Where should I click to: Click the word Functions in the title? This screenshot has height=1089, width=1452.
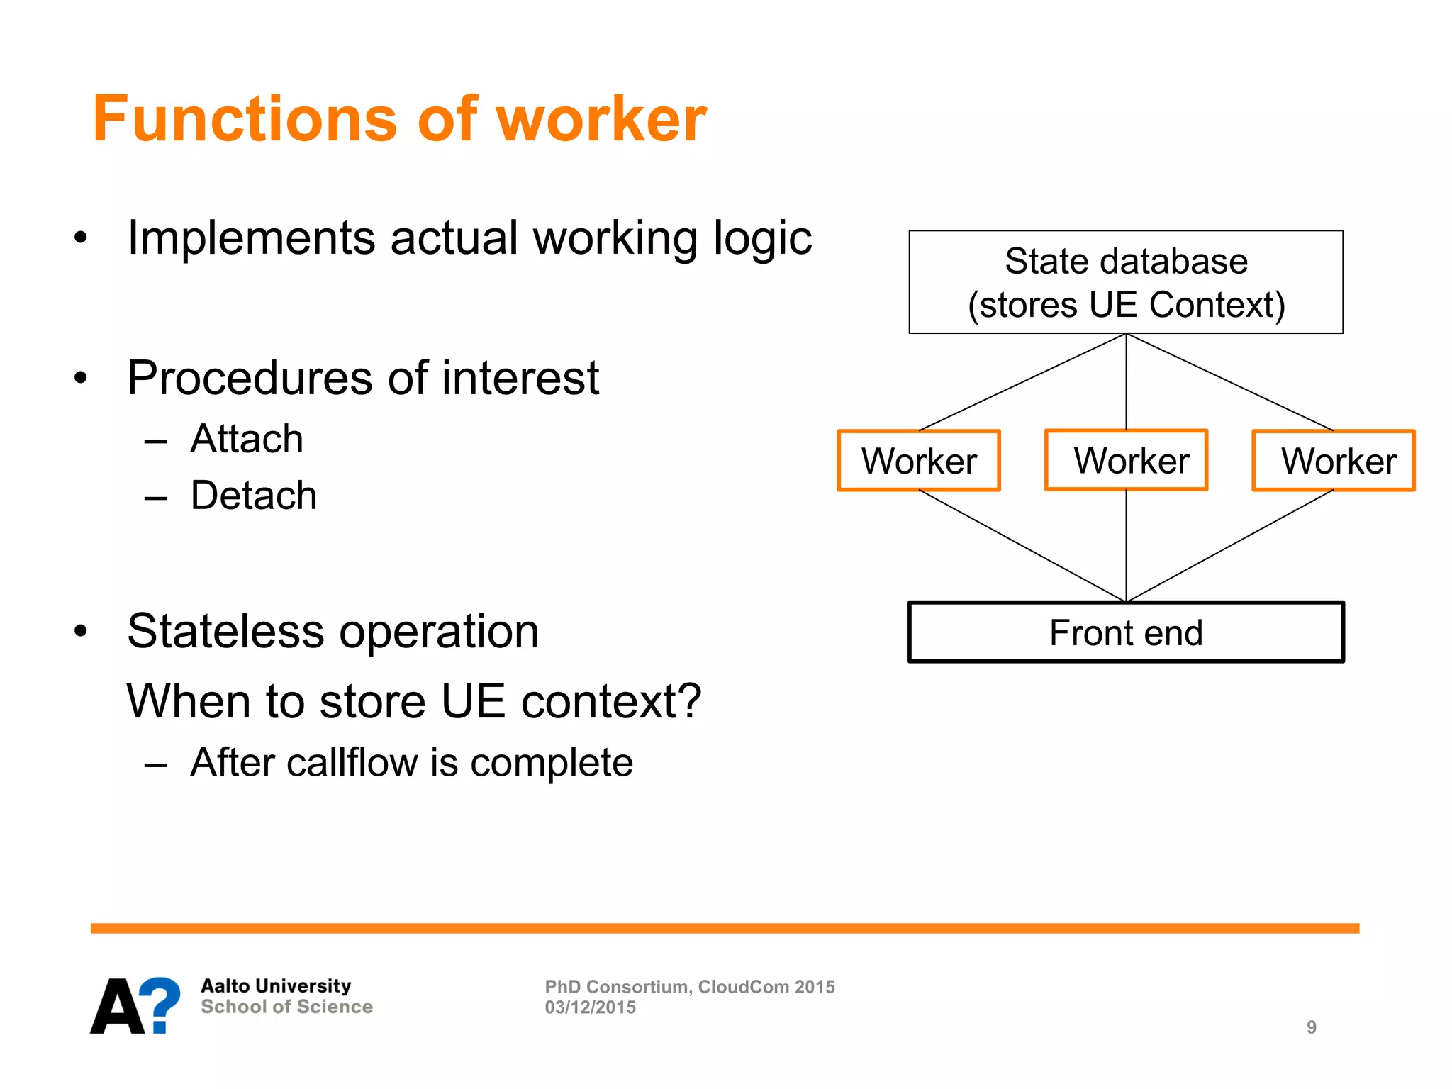click(x=245, y=119)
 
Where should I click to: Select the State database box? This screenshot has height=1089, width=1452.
click(x=1126, y=282)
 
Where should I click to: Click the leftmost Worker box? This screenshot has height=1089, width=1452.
click(x=919, y=461)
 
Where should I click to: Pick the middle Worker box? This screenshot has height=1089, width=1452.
click(x=1127, y=460)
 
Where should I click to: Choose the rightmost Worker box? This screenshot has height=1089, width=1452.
click(x=1334, y=461)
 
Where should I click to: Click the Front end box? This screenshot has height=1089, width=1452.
click(x=1126, y=632)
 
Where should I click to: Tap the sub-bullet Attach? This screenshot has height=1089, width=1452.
click(x=247, y=439)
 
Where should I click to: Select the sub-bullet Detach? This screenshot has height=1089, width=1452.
click(x=253, y=495)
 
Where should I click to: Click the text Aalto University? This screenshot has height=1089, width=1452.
click(x=276, y=986)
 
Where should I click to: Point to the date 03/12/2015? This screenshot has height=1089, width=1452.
click(x=590, y=1007)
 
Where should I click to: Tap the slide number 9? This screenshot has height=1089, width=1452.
click(x=1312, y=1027)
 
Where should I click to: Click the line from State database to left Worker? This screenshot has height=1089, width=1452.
click(x=1022, y=382)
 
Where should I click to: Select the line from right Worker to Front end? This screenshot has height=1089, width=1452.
click(x=1230, y=546)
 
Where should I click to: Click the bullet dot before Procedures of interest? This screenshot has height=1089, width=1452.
click(x=81, y=378)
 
